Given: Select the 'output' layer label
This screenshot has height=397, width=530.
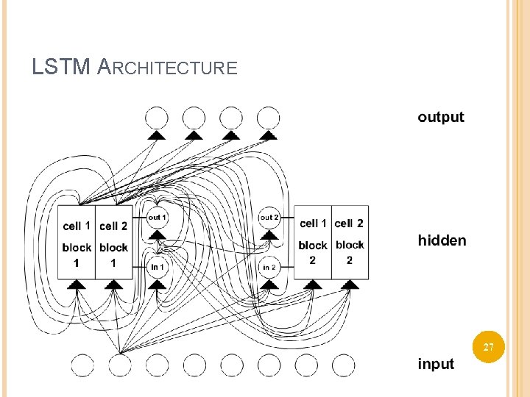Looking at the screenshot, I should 441,118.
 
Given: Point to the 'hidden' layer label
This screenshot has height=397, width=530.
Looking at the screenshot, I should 442,240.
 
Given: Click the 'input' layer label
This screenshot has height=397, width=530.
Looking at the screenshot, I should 436,364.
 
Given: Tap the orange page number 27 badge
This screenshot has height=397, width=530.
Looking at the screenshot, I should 489,347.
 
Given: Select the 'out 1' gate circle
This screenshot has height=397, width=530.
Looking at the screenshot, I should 158,218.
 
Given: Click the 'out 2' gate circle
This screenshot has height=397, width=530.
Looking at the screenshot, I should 269,218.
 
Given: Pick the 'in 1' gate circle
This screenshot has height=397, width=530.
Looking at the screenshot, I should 158,267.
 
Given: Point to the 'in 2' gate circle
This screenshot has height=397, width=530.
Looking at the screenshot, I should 269,267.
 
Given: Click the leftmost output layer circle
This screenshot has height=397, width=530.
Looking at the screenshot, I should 157,118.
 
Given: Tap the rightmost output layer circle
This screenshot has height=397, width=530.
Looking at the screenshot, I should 269,118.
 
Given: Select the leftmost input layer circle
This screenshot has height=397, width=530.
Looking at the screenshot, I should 82,365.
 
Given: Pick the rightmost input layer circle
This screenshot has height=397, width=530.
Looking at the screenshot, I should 343,365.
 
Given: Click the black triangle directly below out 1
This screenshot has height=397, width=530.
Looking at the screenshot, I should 158,235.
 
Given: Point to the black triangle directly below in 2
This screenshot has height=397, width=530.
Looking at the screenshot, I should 269,285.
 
